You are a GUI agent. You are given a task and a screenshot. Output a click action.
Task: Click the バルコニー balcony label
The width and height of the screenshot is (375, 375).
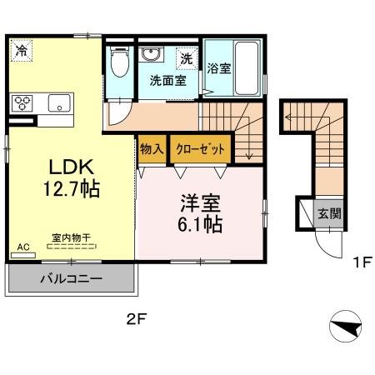click(72, 278)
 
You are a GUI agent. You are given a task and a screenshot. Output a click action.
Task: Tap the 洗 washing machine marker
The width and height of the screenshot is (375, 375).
click(188, 59)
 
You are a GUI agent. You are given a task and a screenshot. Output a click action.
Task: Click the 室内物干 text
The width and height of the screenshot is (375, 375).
click(72, 237)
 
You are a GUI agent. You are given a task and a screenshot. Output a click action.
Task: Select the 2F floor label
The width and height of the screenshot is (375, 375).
click(136, 317)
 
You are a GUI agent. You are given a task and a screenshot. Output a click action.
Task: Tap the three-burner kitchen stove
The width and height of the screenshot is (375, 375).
click(22, 103)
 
